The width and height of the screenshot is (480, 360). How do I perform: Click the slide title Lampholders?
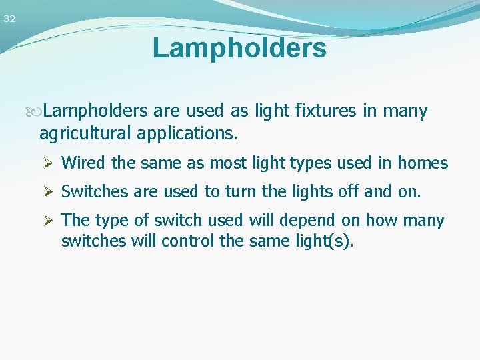coord(239,49)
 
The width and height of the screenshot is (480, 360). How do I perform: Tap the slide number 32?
coord(9,19)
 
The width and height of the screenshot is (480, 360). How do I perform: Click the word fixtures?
coord(324,111)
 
